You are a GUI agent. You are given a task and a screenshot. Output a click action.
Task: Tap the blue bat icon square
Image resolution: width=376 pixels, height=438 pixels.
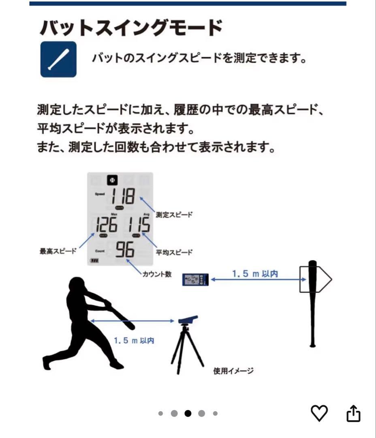coord(58,59)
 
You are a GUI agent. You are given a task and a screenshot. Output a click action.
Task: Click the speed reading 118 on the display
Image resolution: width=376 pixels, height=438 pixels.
coord(123,197)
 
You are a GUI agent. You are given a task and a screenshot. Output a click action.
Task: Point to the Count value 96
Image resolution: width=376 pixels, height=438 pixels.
coord(124,250)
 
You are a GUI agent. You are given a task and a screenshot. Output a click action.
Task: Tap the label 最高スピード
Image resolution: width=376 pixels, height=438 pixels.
coord(58,251)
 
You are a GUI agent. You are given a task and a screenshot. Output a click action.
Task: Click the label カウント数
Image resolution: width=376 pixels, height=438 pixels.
coord(157,274)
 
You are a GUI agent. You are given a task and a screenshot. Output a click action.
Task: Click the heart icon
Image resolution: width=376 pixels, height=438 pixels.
coord(319,413)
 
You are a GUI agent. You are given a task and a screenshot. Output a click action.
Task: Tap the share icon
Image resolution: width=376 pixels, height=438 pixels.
coord(353,413)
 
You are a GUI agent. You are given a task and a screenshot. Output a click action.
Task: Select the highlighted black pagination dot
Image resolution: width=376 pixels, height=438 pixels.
coord(188,414)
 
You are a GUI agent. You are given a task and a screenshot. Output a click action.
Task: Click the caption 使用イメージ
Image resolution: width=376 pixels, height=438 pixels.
coord(233,370)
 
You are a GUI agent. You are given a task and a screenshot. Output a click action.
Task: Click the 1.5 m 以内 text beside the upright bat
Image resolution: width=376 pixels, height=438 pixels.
coord(255,274)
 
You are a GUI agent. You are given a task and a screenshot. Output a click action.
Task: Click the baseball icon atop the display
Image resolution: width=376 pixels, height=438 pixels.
coord(112,180)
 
